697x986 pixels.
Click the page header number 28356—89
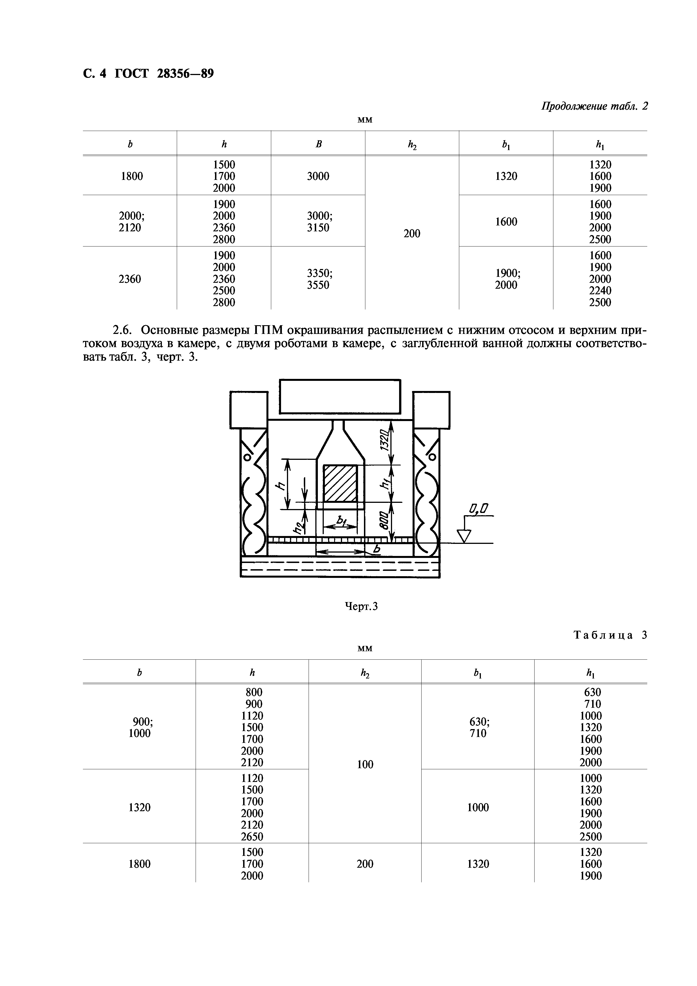coord(185,74)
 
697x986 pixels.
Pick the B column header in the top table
coord(318,144)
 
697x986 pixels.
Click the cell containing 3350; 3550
coord(318,279)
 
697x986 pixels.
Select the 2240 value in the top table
coord(600,291)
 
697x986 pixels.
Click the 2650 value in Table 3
coord(252,836)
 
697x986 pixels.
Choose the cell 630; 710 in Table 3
coord(478,727)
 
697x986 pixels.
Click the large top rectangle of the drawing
coord(340,396)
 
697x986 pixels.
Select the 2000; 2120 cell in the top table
coord(130,221)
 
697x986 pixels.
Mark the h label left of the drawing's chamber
coord(280,486)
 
